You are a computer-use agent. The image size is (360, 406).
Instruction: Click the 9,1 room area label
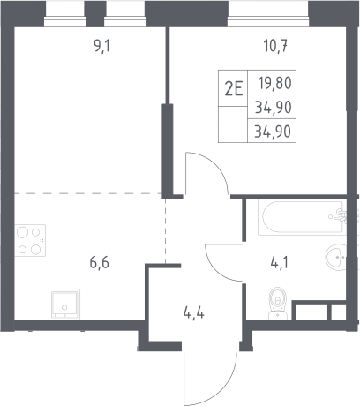101,46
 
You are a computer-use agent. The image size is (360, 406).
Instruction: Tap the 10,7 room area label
275,46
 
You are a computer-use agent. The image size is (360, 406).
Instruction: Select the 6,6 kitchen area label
100,262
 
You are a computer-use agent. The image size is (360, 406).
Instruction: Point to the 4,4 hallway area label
193,313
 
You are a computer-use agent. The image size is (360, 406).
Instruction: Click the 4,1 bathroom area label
280,262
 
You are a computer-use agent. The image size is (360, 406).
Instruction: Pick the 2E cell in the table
234,88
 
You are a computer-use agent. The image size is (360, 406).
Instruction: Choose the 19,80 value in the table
275,83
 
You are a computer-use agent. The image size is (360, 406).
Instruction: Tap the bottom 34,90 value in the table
273,132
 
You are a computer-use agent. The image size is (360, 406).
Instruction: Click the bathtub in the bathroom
302,217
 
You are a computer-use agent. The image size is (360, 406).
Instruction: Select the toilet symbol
278,304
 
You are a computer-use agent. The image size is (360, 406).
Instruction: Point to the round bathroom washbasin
336,257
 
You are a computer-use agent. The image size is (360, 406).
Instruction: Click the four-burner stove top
30,240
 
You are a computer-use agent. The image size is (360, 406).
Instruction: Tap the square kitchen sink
64,304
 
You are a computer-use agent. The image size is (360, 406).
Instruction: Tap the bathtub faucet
341,216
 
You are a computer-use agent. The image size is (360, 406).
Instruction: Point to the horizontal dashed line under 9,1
88,193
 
